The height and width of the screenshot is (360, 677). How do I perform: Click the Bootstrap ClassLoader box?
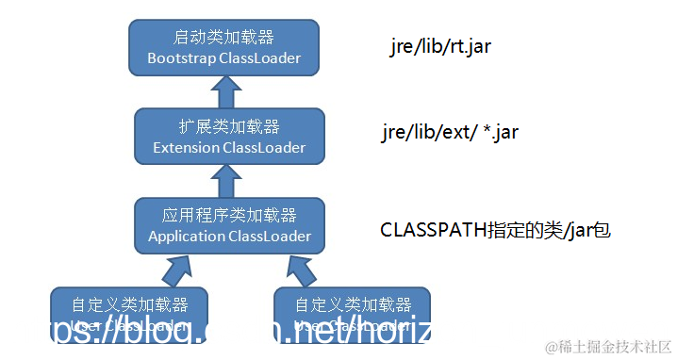(x=223, y=47)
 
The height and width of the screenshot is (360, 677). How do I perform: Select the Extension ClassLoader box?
(x=229, y=137)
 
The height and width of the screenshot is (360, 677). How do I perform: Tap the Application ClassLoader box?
(x=229, y=225)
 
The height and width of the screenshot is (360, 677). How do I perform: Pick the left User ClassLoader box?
(x=129, y=316)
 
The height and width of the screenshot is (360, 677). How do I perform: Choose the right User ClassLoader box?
(x=352, y=316)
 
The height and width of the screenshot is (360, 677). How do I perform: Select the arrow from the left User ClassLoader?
(x=177, y=270)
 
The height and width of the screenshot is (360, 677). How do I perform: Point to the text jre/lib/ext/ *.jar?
(x=450, y=132)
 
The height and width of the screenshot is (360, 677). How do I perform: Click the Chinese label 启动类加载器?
(x=223, y=38)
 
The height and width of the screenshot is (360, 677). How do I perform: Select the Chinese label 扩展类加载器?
(x=229, y=127)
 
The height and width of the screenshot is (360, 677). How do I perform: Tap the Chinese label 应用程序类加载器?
(x=229, y=216)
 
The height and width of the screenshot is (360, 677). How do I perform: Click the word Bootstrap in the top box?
(x=181, y=58)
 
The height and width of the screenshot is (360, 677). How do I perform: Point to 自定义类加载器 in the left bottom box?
(x=129, y=305)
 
